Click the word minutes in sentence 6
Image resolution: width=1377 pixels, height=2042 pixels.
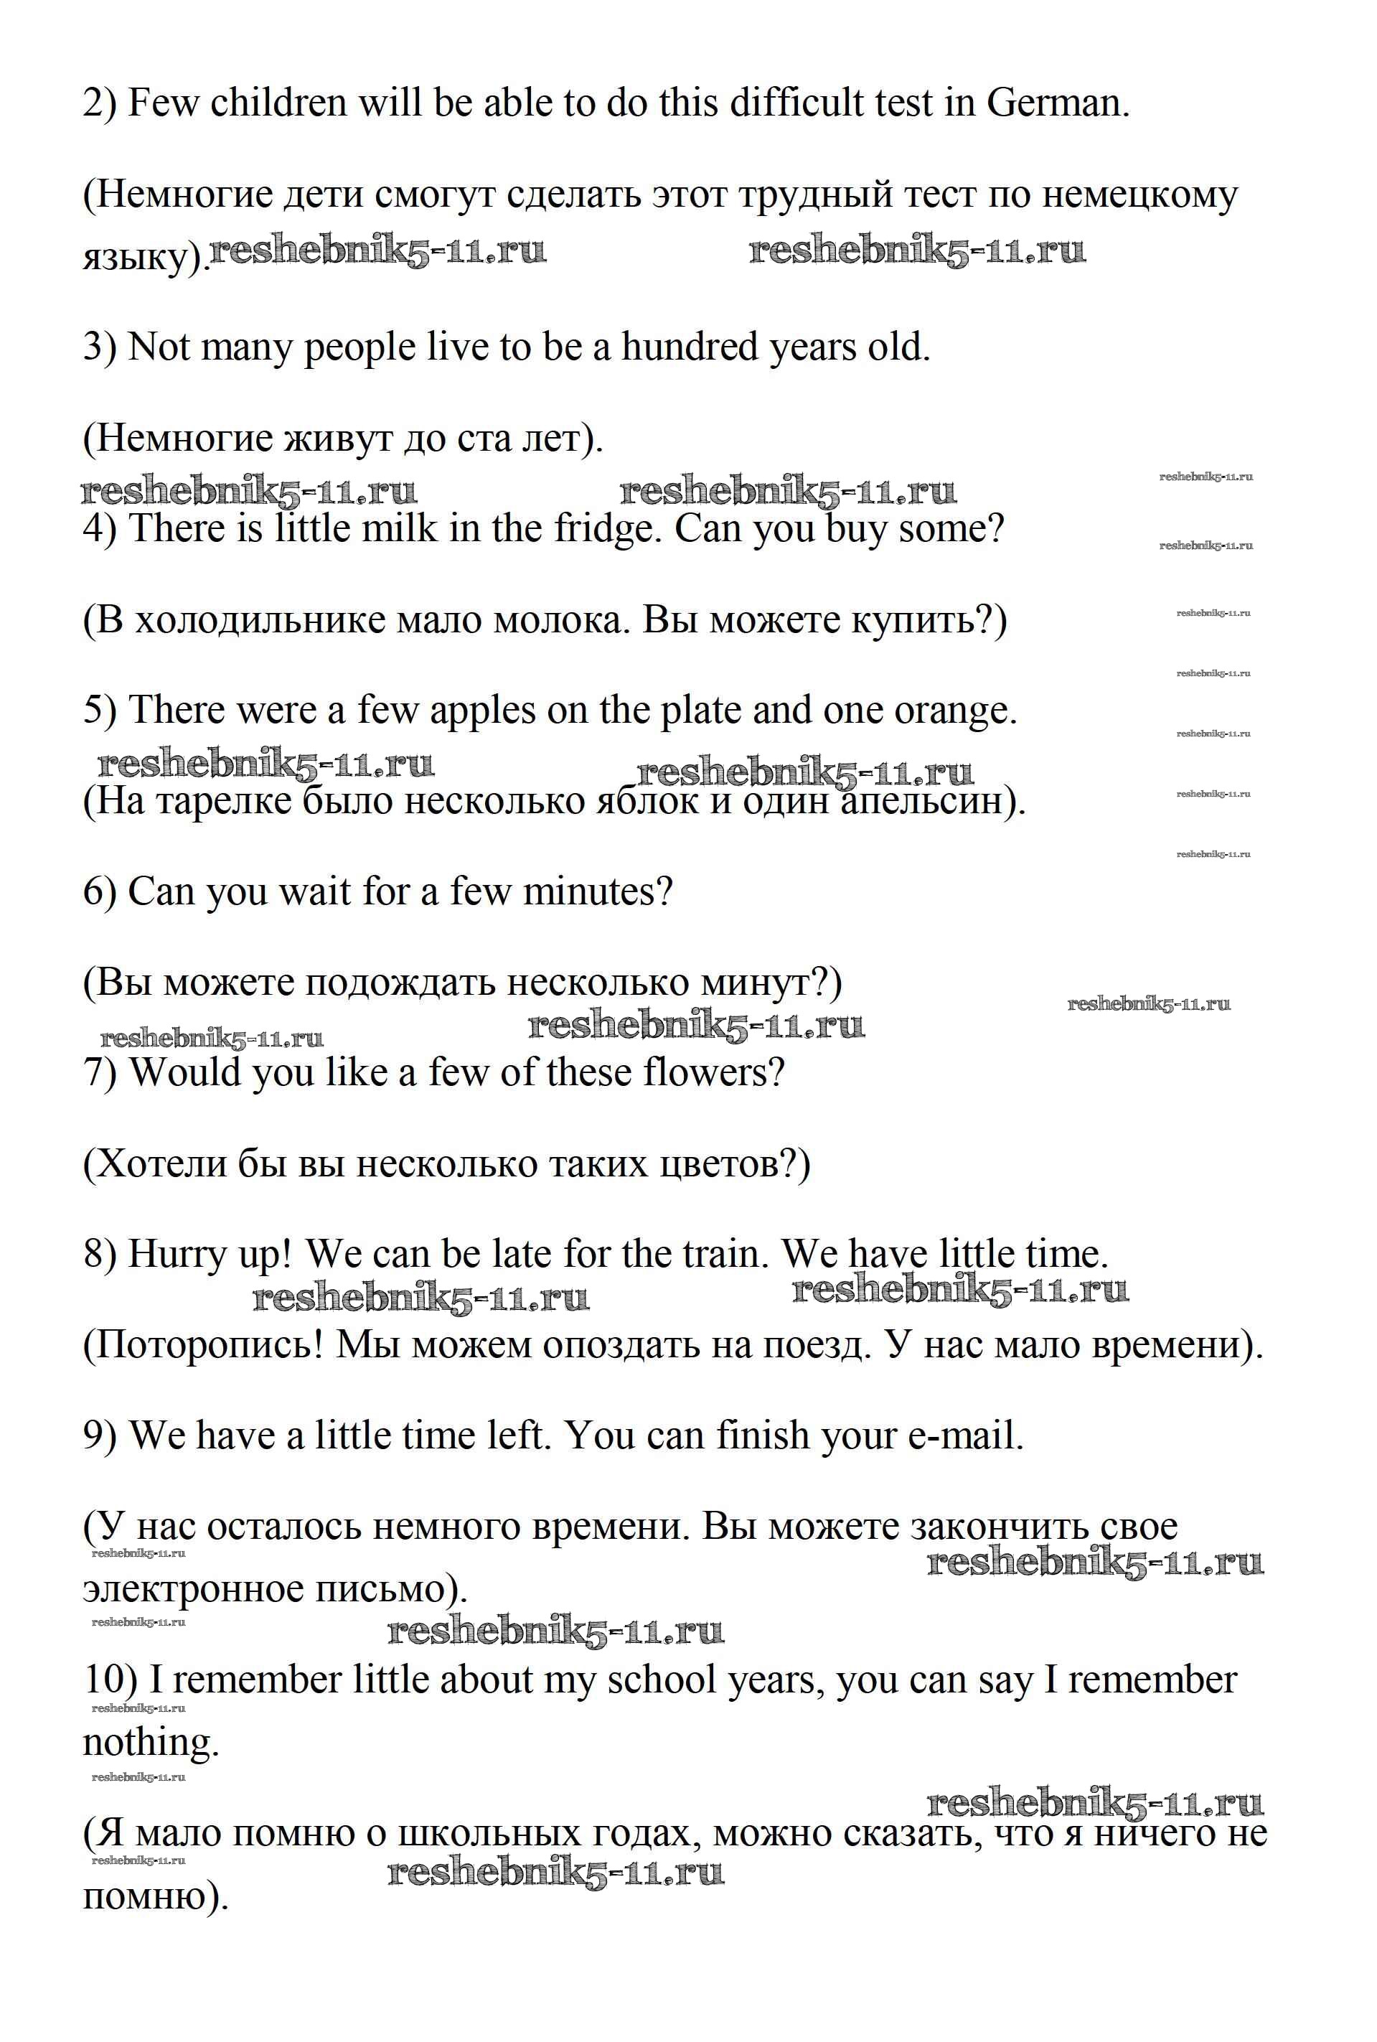coord(596,891)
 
